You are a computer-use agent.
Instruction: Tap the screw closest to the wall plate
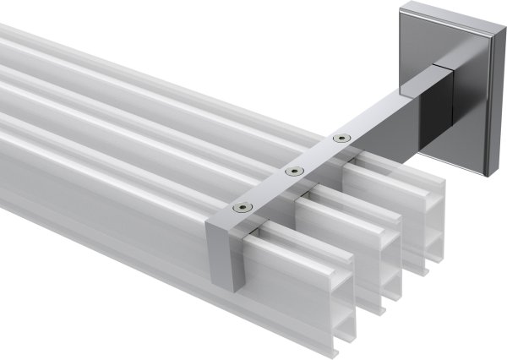tap(341, 137)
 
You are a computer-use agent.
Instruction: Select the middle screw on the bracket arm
tap(293, 172)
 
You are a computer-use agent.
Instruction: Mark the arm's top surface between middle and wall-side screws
tap(317, 154)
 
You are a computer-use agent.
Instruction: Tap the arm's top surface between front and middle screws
tap(269, 190)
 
